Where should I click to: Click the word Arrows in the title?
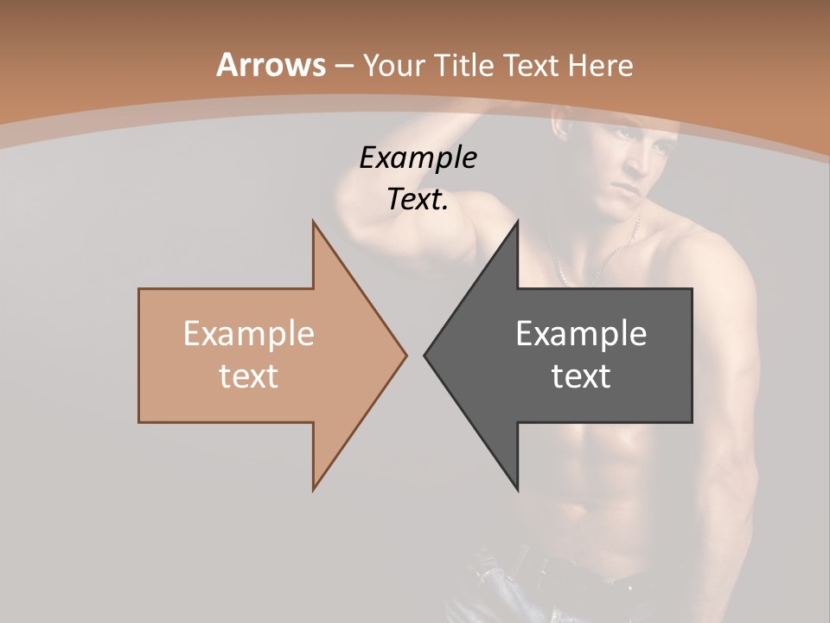(271, 65)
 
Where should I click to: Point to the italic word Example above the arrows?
(418, 158)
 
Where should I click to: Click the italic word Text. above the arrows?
(418, 200)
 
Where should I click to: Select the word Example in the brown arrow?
(248, 333)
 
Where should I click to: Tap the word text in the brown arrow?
(248, 376)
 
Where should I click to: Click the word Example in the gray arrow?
(581, 333)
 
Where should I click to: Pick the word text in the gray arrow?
(581, 376)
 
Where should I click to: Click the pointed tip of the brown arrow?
(405, 355)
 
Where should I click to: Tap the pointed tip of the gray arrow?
(425, 355)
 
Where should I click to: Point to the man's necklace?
(597, 260)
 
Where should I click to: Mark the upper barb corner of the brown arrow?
(313, 222)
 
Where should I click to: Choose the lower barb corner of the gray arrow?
(517, 490)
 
